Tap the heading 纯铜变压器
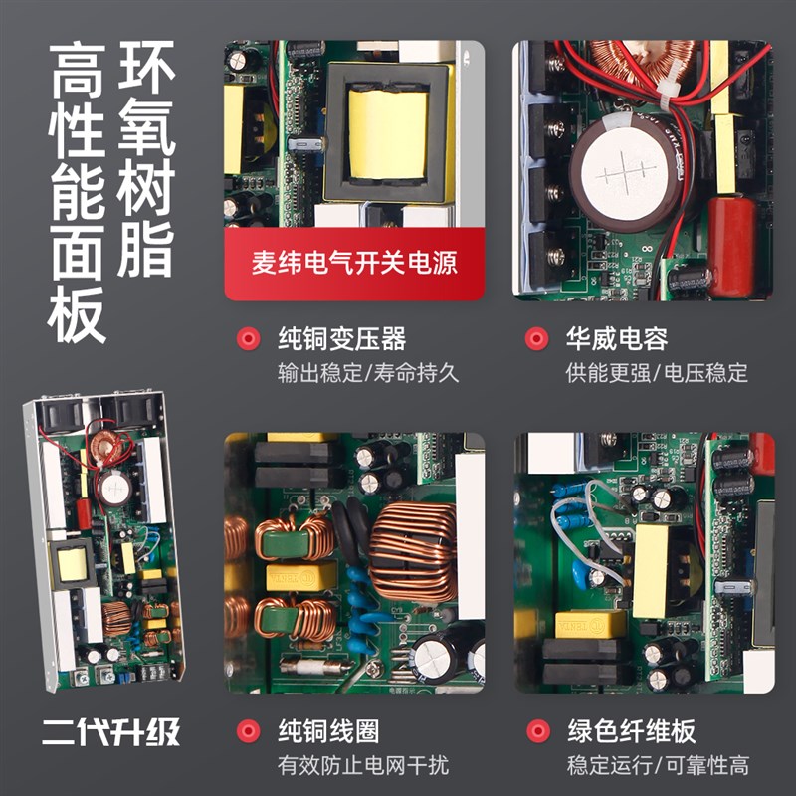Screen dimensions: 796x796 [x=341, y=339]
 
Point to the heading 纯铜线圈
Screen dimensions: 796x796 [x=327, y=732]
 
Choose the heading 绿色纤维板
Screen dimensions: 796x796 [x=631, y=732]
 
